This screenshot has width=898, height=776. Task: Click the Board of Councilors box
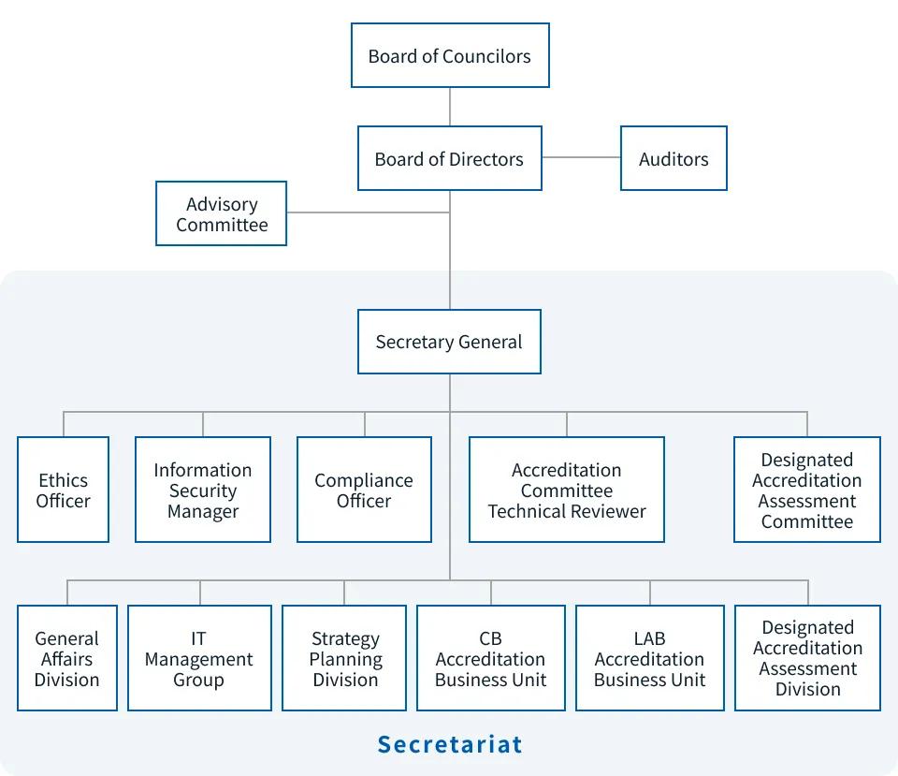[449, 56]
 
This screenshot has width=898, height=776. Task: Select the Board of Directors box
[449, 159]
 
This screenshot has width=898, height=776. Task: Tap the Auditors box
[673, 159]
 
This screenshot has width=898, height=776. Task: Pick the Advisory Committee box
[222, 214]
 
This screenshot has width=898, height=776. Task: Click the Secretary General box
[449, 342]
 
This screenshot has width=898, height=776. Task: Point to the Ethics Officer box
[64, 490]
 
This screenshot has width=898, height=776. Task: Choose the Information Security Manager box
[203, 490]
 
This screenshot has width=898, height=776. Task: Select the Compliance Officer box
[364, 490]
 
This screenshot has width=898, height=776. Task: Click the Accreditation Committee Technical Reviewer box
[567, 490]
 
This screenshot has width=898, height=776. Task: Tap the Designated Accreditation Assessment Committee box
[806, 490]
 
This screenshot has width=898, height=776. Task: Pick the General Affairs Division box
[67, 658]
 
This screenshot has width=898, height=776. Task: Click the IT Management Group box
[199, 658]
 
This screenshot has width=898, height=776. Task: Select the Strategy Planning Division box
[344, 658]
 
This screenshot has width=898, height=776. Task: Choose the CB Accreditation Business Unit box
[490, 658]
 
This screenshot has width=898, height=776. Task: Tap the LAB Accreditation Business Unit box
[649, 658]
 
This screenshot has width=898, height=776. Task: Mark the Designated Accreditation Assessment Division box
[807, 658]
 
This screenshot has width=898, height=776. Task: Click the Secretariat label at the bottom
[450, 745]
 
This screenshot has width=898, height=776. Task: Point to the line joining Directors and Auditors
[581, 157]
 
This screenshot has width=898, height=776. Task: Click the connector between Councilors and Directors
[450, 107]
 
